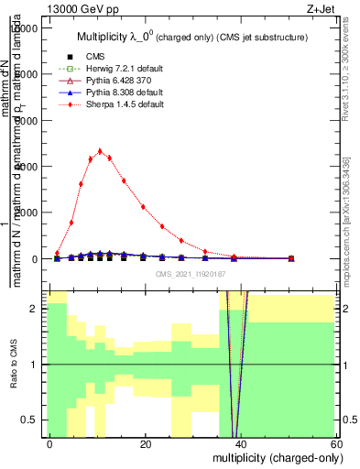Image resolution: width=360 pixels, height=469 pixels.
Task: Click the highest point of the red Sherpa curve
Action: click(100, 151)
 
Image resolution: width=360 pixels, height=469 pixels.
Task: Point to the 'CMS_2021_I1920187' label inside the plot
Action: click(191, 274)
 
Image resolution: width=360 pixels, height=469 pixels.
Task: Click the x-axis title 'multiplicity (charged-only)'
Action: click(276, 457)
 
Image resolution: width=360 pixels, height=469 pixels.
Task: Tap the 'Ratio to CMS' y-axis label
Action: click(12, 365)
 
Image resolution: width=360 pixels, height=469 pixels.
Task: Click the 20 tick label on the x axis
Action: click(146, 444)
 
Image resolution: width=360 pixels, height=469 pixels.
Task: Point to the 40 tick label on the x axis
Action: click(241, 444)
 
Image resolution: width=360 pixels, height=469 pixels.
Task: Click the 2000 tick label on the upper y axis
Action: click(29, 213)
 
